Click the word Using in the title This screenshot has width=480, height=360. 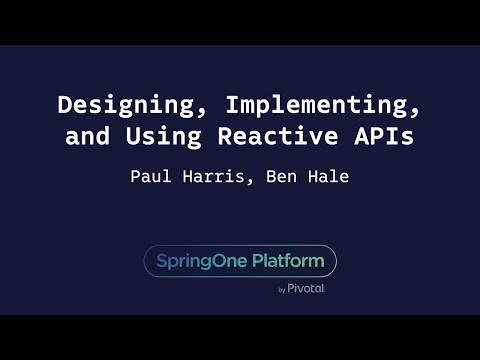pos(178,137)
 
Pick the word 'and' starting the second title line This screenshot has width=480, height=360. pos(87,137)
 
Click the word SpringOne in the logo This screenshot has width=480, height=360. pos(198,261)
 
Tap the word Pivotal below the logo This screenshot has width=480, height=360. pos(306,289)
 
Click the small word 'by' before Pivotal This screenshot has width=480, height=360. pos(281,290)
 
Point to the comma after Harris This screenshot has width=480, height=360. pos(257,183)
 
